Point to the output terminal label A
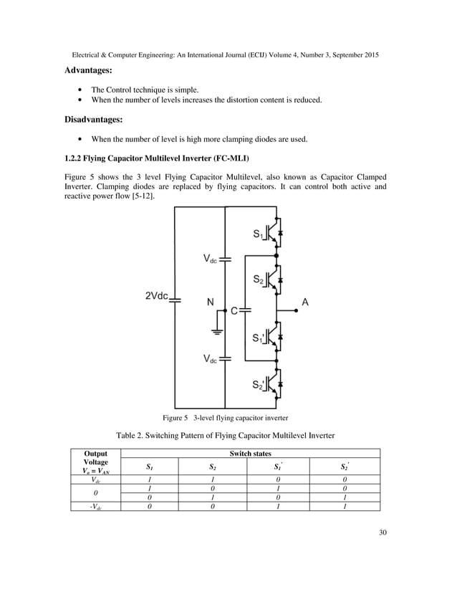(305, 302)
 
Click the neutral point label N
(211, 302)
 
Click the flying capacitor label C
(234, 310)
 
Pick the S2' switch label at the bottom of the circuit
(261, 385)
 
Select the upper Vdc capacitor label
(208, 259)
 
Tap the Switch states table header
(249, 453)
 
